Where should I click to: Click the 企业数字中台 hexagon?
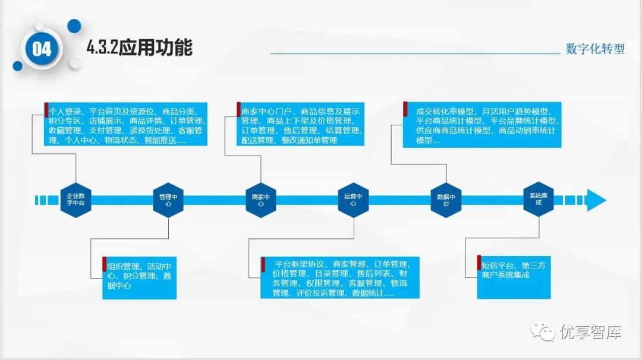click(75, 199)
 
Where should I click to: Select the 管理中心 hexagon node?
click(168, 199)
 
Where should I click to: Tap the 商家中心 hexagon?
click(261, 199)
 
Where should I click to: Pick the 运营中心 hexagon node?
click(353, 199)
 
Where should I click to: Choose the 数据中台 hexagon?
click(446, 199)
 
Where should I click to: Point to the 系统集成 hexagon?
click(539, 199)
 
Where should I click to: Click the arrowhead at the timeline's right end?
click(596, 200)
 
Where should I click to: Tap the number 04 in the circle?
click(42, 49)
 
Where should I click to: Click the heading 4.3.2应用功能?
click(140, 48)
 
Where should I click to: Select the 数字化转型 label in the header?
click(595, 49)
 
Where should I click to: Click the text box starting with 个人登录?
click(127, 126)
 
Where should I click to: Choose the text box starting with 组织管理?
click(139, 277)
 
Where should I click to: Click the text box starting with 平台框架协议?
click(340, 277)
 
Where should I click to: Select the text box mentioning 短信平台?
click(513, 277)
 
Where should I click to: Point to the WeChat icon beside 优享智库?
click(544, 331)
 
